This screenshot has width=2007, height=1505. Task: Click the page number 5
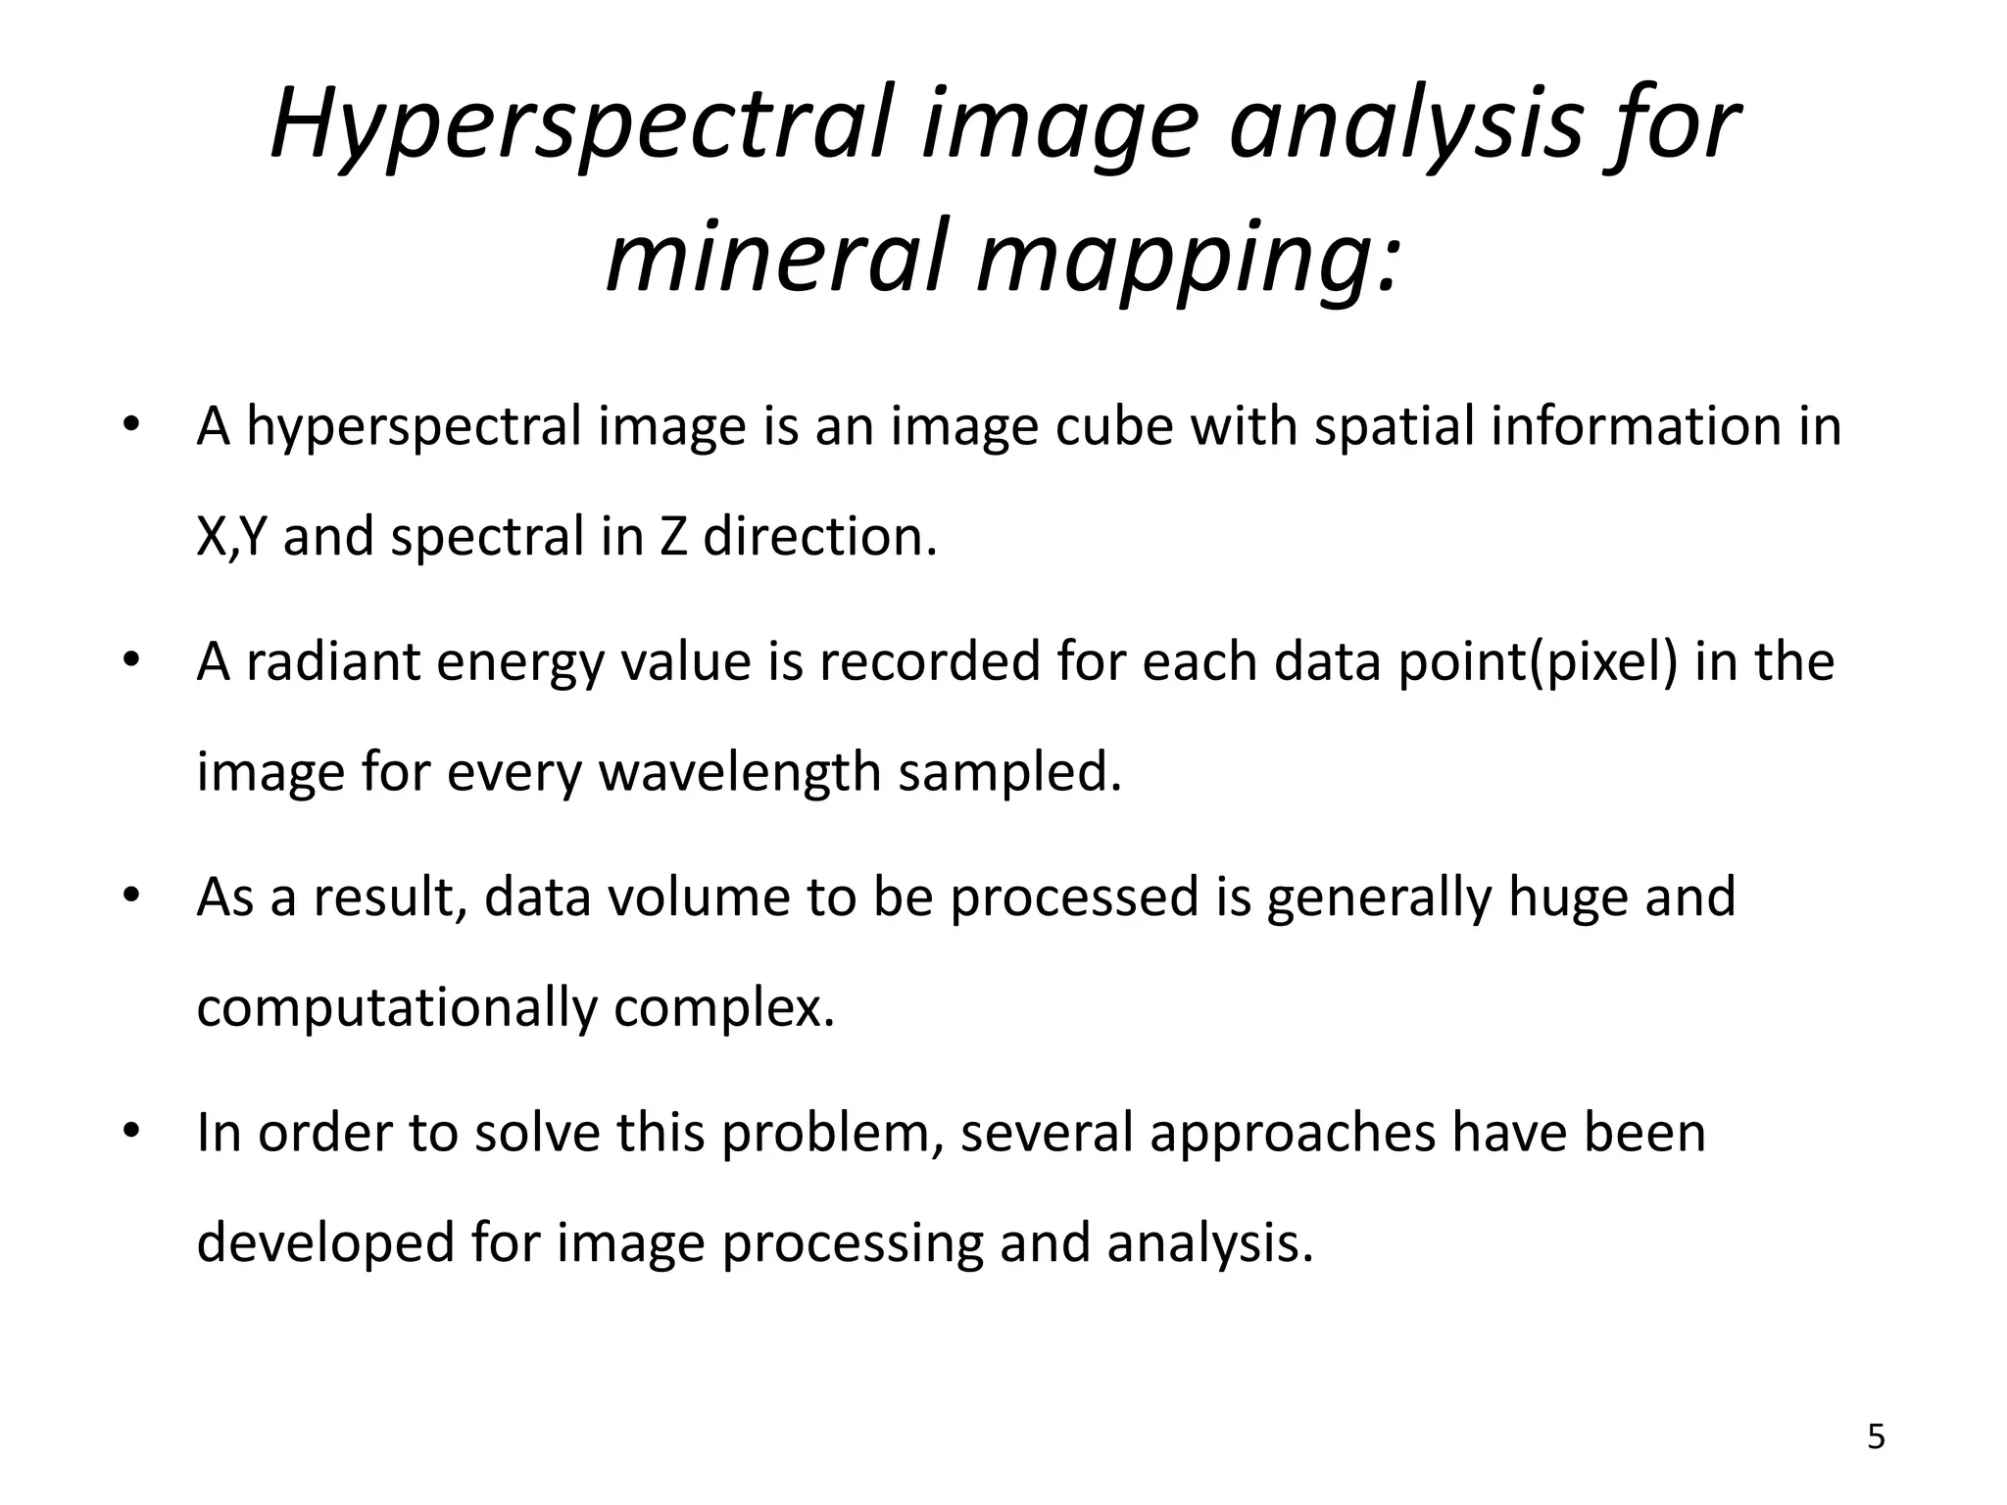tap(1876, 1437)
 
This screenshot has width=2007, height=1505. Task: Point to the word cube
tap(1113, 426)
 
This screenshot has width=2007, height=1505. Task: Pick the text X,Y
tap(231, 537)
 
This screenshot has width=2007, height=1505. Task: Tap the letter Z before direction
tap(673, 537)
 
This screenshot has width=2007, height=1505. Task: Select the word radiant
tap(331, 661)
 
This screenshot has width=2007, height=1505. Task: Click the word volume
tap(698, 897)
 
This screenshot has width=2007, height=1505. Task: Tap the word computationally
tap(396, 1008)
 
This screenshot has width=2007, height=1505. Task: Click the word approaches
tap(1292, 1135)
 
